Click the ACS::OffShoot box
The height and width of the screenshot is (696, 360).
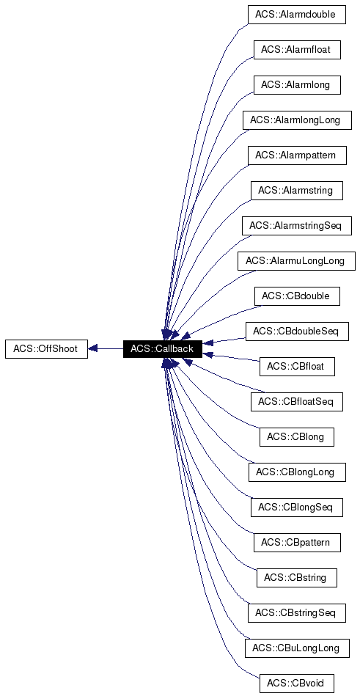(45, 348)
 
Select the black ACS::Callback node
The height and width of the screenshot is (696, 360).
(162, 348)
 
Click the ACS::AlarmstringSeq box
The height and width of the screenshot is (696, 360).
(296, 225)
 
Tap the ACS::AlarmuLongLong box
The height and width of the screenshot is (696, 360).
(296, 260)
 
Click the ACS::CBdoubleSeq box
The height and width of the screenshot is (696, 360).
(296, 331)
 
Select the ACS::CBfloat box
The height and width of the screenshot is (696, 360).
(296, 366)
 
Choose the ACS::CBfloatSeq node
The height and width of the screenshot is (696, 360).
(296, 401)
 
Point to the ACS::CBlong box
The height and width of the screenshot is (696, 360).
(296, 436)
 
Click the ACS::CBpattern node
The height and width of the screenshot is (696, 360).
(296, 542)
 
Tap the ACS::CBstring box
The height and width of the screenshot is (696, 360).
(296, 577)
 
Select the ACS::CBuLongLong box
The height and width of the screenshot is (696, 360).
(296, 648)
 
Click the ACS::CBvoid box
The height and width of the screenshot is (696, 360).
(296, 683)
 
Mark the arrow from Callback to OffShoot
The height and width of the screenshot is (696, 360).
(105, 348)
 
